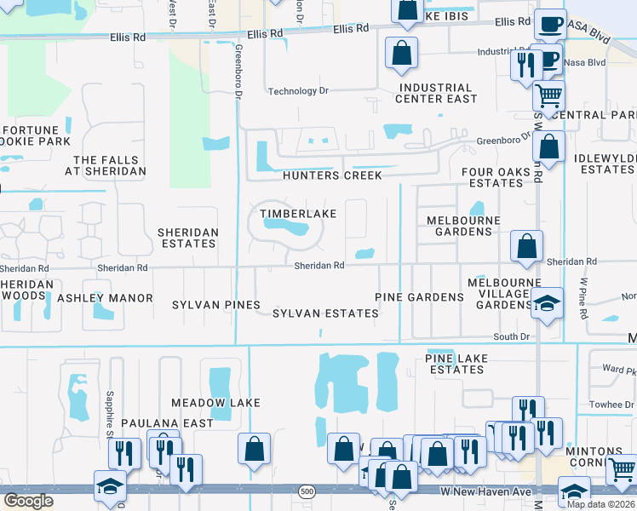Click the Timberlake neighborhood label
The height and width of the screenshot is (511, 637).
click(298, 214)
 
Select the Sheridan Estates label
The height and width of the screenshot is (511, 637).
click(188, 238)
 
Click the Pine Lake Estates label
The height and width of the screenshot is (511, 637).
click(456, 364)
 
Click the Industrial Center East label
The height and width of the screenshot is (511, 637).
click(436, 93)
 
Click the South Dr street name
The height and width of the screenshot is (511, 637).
click(512, 337)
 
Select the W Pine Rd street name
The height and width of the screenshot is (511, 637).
click(584, 298)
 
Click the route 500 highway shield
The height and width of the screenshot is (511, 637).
click(307, 492)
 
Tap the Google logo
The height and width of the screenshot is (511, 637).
click(28, 501)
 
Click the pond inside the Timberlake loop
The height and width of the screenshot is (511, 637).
click(286, 227)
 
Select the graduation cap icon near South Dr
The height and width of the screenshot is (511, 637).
click(546, 301)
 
